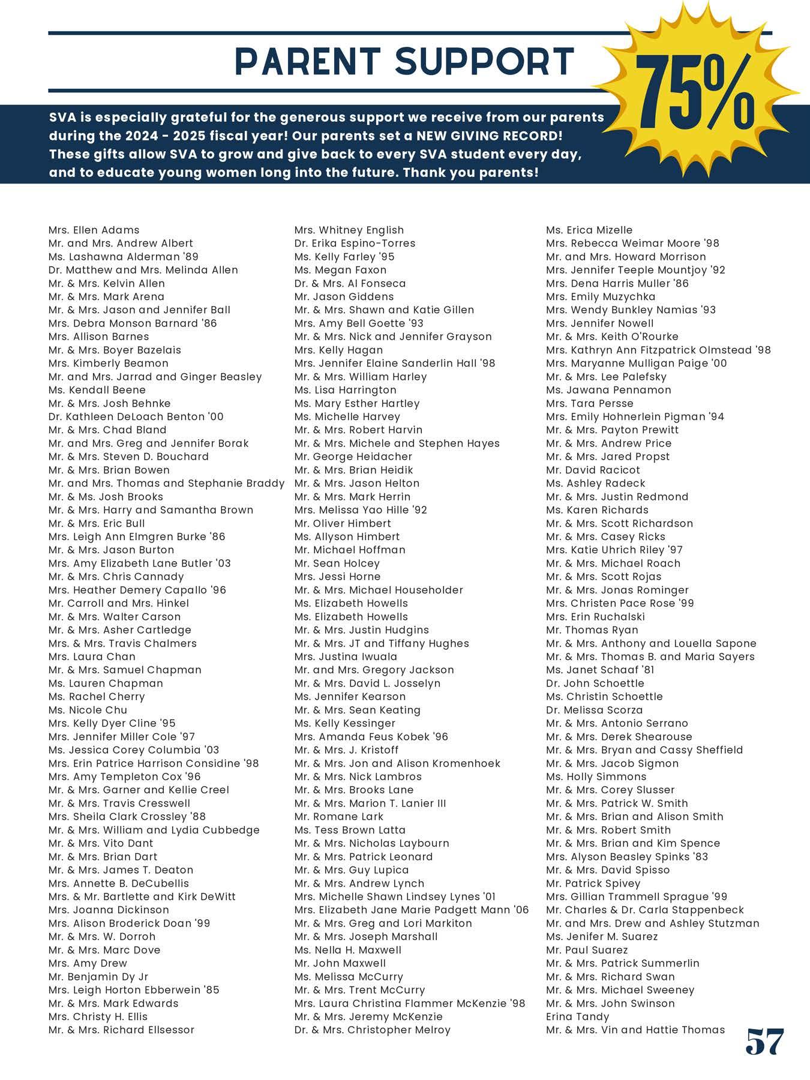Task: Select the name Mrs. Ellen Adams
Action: point(94,230)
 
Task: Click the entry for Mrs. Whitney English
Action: point(349,230)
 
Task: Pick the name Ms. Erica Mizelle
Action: point(589,230)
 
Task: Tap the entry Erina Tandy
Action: point(577,1016)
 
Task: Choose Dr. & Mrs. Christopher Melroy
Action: point(372,1030)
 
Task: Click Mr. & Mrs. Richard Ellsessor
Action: point(121,1030)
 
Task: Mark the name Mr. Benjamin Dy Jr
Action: point(98,976)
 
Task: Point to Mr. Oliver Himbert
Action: point(342,523)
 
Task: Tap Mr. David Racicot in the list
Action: point(593,470)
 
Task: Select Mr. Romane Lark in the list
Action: point(338,817)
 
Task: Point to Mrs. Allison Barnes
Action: point(98,337)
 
